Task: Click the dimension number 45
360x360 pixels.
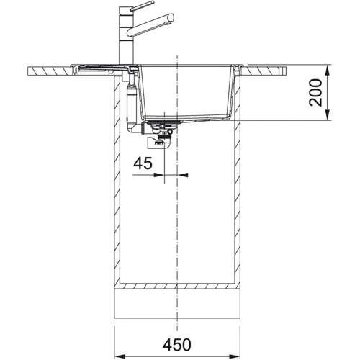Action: point(143,164)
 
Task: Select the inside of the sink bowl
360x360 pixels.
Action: point(187,90)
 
